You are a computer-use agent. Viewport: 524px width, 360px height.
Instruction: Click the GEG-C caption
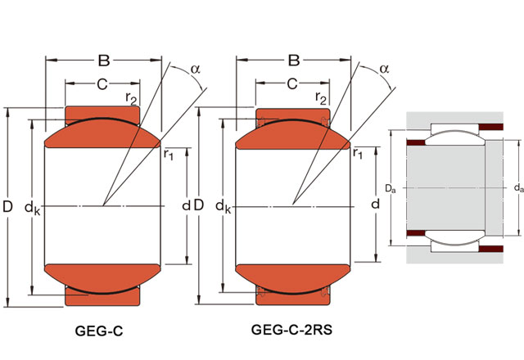[x=99, y=331]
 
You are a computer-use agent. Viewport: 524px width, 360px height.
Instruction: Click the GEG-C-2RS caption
[x=292, y=331]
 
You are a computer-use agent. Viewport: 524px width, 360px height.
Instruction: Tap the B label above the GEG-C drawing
[x=103, y=60]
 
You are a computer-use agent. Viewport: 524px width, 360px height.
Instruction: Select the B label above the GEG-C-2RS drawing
[x=293, y=60]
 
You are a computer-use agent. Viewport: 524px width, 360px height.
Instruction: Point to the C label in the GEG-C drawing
[x=102, y=83]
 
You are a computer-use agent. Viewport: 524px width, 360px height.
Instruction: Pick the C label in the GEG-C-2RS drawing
[x=291, y=83]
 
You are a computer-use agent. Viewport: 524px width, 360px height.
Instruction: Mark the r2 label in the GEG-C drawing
[x=130, y=99]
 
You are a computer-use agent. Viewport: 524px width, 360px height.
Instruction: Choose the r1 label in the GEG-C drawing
[x=168, y=155]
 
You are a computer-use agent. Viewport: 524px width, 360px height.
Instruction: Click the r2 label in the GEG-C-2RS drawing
[x=321, y=99]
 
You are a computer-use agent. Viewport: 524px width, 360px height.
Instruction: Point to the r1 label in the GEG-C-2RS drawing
[x=358, y=155]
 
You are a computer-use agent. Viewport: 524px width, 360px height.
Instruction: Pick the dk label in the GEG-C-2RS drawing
[x=222, y=209]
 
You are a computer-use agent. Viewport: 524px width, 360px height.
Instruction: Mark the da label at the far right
[x=517, y=188]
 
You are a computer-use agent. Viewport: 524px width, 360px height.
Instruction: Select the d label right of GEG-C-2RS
[x=376, y=203]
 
